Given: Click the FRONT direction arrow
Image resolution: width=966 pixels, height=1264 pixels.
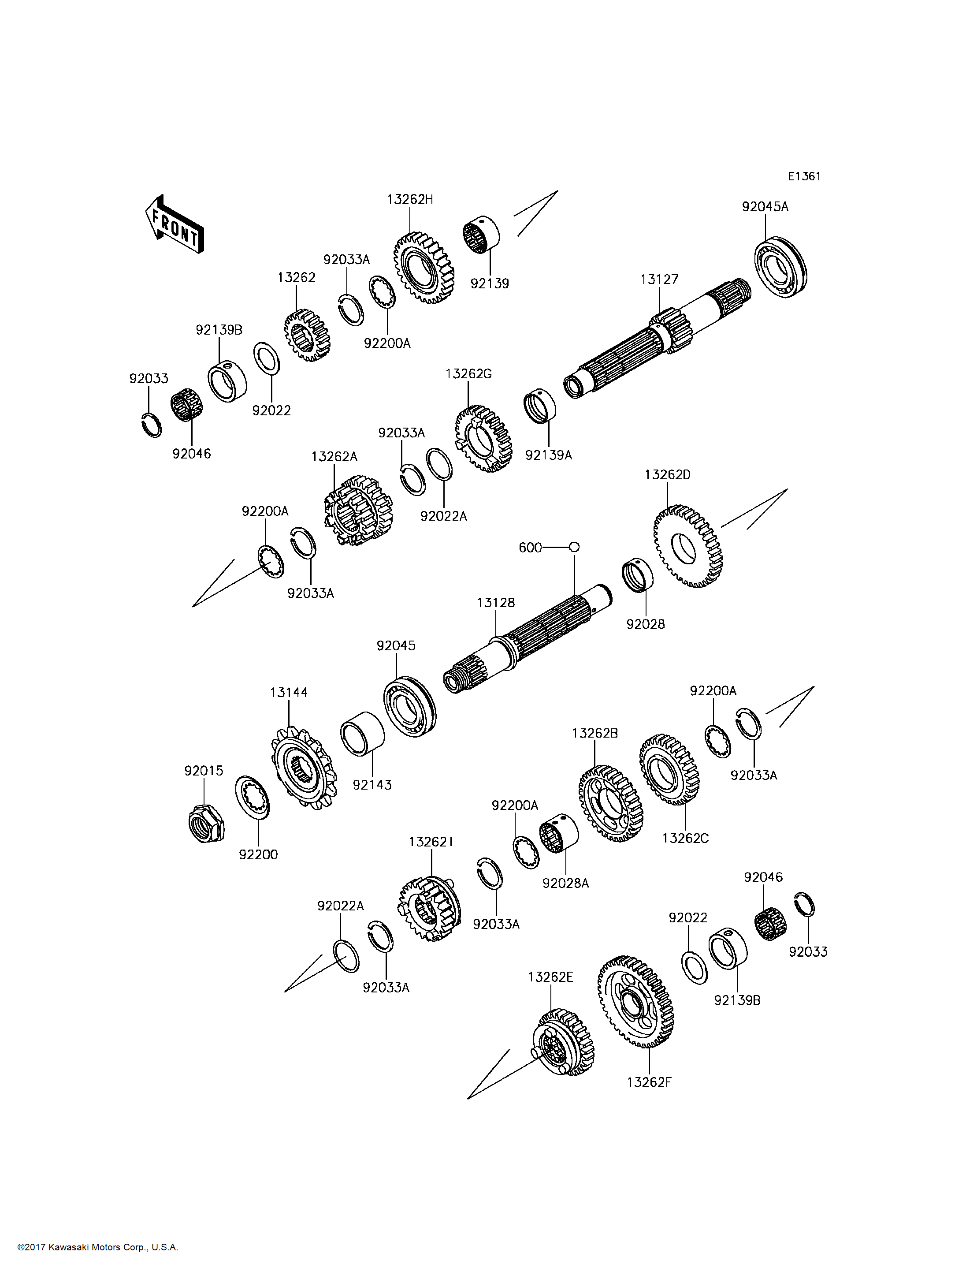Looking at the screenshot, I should pos(174,225).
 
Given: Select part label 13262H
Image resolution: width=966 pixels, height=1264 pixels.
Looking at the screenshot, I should pos(410,200).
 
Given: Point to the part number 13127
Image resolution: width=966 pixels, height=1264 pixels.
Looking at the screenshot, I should pos(660,280).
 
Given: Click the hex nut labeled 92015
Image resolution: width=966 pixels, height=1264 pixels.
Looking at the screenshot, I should pos(206,823).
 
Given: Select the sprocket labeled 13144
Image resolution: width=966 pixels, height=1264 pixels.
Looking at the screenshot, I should pos(303,768).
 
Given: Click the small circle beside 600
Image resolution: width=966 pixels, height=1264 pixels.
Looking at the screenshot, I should pos(574,547).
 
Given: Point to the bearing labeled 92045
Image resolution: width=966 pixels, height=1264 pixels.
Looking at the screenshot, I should pos(409,706).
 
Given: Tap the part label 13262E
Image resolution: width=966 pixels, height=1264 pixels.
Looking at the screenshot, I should pos(550,977).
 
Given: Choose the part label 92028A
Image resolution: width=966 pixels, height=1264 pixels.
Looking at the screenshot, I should pos(566,883).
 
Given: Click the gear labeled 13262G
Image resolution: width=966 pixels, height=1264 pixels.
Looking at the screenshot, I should pos(483,438).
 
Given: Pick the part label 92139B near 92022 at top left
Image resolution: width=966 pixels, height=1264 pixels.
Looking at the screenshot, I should pos(219,330).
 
